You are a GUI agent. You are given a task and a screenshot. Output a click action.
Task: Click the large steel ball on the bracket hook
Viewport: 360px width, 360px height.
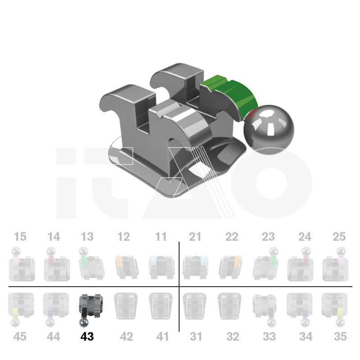pos(269,130)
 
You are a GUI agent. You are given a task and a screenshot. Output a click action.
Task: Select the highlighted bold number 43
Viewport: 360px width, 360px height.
pos(87,337)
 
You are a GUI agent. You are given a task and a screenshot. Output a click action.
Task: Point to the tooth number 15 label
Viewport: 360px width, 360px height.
pos(20,237)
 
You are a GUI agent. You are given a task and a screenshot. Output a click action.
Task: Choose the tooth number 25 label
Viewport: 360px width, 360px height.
pos(339,237)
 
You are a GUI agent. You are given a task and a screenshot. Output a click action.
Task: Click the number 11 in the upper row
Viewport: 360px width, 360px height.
pos(161,237)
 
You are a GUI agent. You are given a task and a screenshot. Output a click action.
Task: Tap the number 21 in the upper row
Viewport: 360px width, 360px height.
pos(195,237)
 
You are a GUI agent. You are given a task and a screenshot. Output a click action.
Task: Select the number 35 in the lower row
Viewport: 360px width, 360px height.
pos(340,337)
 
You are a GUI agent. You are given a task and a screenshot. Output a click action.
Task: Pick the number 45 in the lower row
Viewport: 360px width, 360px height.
pos(20,337)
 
